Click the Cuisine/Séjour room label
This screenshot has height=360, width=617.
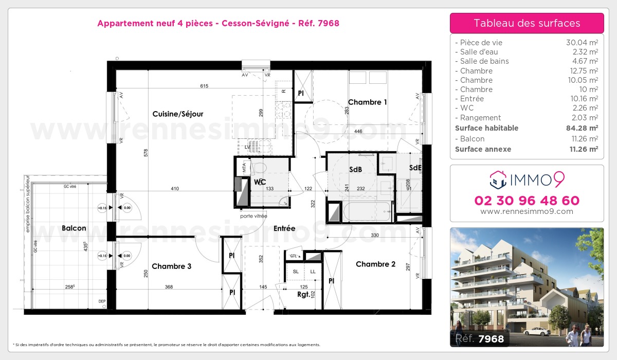tap(177, 114)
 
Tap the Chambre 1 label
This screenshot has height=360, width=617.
tap(367, 102)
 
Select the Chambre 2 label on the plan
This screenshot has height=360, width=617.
tap(375, 264)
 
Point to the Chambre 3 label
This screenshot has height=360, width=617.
tap(172, 266)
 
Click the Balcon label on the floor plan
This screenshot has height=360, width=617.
tap(74, 228)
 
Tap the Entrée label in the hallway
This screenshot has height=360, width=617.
tap(284, 228)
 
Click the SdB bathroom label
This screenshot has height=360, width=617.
tap(355, 169)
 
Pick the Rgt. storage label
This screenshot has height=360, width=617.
tap(303, 295)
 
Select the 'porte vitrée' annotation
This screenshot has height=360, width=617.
tap(253, 217)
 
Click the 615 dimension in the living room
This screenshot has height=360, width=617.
tap(204, 86)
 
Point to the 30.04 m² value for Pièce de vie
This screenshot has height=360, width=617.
tap(582, 43)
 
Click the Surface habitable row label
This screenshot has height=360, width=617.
tap(486, 128)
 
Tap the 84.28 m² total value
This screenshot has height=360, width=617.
tap(582, 128)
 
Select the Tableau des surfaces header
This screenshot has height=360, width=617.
tap(527, 23)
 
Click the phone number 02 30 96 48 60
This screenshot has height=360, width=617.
tap(527, 201)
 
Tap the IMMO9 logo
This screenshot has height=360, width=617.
tap(527, 179)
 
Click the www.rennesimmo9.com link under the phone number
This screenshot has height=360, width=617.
tap(527, 211)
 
